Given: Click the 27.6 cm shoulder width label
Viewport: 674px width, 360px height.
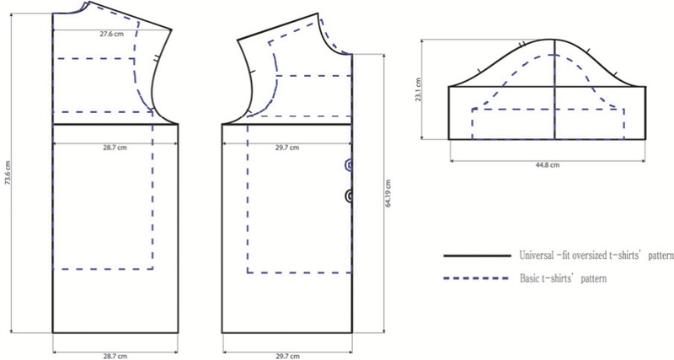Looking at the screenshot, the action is click(x=111, y=34).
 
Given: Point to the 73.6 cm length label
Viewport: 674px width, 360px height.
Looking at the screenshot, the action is click(x=8, y=173).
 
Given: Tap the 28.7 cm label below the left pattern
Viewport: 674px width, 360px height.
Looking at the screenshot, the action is click(x=115, y=356).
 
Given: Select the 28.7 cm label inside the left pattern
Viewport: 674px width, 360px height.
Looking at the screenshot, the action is click(x=115, y=148).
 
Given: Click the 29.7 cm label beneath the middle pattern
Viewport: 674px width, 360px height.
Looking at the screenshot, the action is click(x=287, y=356).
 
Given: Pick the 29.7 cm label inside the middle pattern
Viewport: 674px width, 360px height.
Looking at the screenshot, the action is click(x=287, y=148).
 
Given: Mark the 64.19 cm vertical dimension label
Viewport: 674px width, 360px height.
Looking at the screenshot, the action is click(x=388, y=194).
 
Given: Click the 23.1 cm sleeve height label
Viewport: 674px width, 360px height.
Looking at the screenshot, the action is click(x=419, y=89).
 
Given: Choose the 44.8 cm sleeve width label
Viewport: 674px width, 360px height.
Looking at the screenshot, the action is click(x=548, y=164).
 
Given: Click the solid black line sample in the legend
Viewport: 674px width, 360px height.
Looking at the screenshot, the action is click(x=477, y=256).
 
